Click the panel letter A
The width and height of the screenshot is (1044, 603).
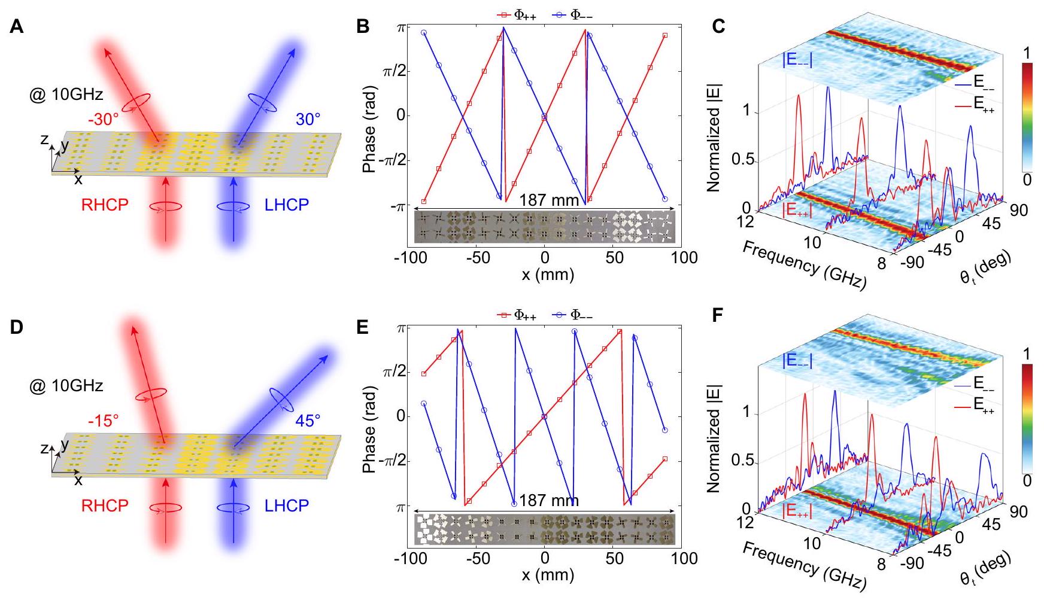pos(17,28)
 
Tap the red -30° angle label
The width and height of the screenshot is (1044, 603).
pos(104,120)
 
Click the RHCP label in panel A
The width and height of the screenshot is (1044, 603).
pos(105,205)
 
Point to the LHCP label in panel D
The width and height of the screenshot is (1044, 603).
pos(287,506)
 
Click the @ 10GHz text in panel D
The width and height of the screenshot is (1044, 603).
pos(66,386)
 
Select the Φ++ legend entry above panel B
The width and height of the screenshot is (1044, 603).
pos(513,15)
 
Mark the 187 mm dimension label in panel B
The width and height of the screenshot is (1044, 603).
pos(549,200)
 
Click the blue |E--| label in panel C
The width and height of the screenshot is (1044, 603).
pos(791,60)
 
